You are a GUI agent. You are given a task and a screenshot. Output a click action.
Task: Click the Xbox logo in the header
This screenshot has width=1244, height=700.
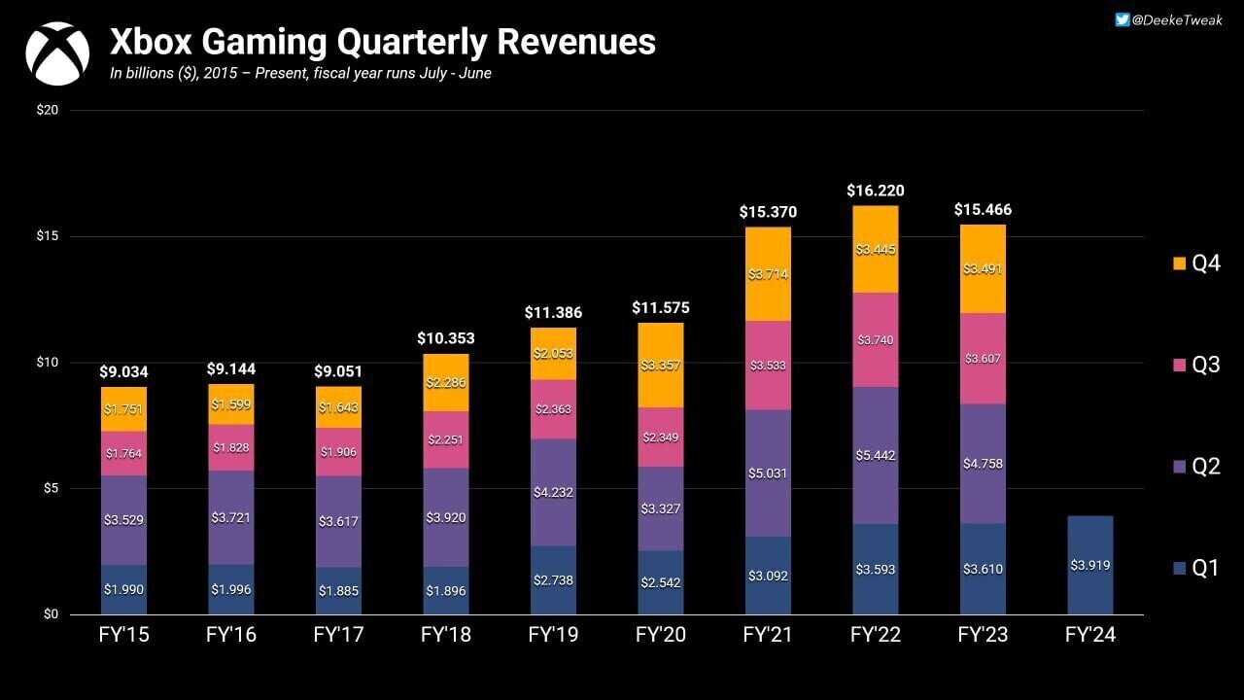[x=57, y=54]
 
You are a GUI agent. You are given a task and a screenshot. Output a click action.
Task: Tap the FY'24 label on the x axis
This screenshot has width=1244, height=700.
[x=1089, y=637]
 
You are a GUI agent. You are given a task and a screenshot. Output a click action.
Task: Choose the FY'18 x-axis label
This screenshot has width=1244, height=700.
[x=446, y=637]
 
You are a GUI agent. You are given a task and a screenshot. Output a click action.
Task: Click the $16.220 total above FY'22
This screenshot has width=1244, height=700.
[x=875, y=191]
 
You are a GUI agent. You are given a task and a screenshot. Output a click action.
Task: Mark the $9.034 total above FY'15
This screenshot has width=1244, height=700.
[x=123, y=371]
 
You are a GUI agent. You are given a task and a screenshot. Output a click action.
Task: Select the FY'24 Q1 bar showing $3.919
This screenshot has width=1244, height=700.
[x=1089, y=565]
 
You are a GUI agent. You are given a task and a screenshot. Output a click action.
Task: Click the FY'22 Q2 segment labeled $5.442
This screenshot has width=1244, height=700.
[x=875, y=455]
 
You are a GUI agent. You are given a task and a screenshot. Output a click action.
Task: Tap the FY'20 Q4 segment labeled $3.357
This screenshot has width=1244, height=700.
[x=661, y=366]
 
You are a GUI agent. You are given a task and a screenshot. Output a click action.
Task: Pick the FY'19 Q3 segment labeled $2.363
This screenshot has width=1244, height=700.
[x=553, y=408]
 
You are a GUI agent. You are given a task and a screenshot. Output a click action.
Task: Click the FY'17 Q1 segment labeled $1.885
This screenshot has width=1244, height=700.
[x=338, y=590]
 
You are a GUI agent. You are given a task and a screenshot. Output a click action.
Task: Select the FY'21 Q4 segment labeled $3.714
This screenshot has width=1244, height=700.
[x=768, y=274]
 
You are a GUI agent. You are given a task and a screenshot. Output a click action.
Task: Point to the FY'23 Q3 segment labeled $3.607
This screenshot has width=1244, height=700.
[x=983, y=359]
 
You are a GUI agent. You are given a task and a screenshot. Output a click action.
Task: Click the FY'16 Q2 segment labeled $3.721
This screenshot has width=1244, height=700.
[x=231, y=517]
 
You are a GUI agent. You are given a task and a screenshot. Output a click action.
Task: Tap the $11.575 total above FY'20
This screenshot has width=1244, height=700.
[x=661, y=308]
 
